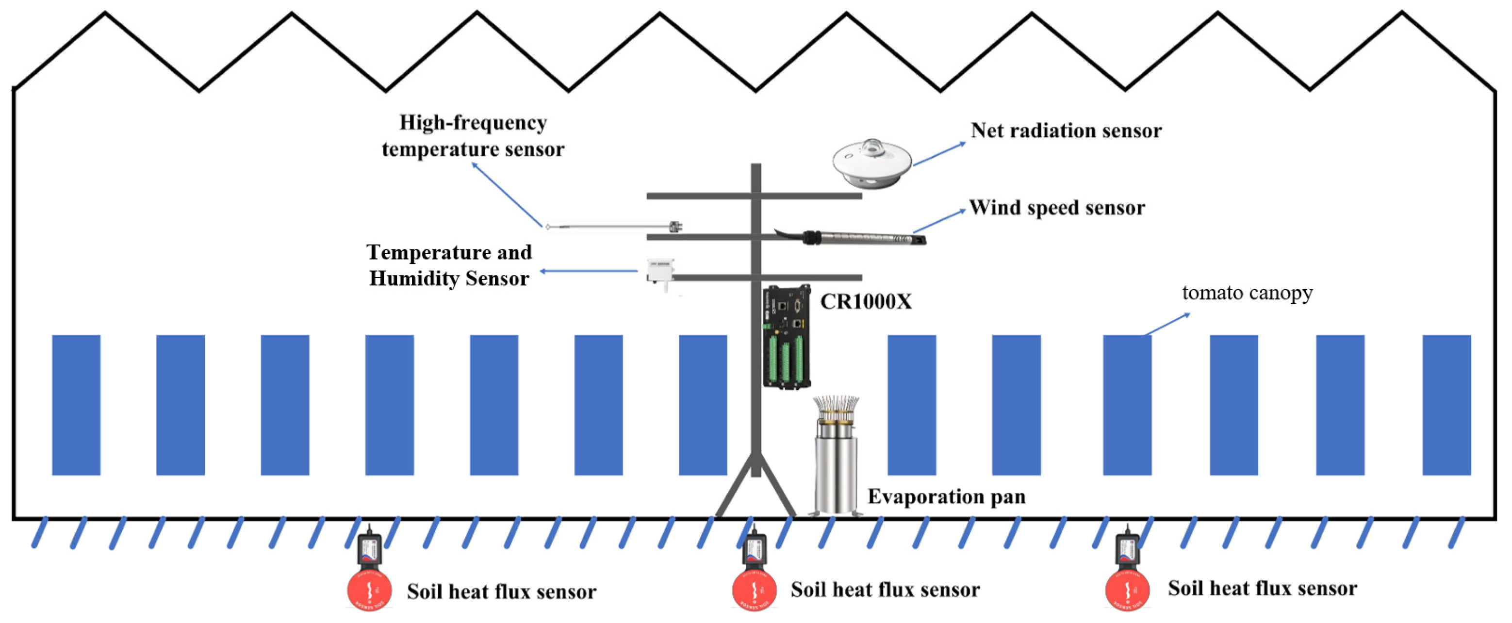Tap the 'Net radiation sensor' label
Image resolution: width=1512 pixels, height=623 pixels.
[x=1066, y=131]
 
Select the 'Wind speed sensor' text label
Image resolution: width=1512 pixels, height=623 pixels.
[x=1056, y=208]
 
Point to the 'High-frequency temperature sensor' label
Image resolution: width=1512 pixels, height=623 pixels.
[x=473, y=136]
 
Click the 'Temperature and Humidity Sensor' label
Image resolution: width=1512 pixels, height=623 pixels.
[x=449, y=265]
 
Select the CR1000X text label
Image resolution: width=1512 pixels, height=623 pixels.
[x=866, y=302]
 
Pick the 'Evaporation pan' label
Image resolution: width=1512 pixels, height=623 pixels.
[x=946, y=497]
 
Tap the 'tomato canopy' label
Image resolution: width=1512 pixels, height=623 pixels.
[x=1247, y=293]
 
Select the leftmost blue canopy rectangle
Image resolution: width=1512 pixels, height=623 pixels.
[x=76, y=405]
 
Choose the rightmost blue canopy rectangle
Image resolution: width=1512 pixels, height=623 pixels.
[x=1446, y=405]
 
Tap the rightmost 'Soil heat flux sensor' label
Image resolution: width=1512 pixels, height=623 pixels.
[x=1262, y=589]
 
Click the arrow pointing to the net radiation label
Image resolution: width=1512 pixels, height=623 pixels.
[x=939, y=154]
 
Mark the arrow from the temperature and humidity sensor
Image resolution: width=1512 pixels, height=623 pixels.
[x=589, y=271]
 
